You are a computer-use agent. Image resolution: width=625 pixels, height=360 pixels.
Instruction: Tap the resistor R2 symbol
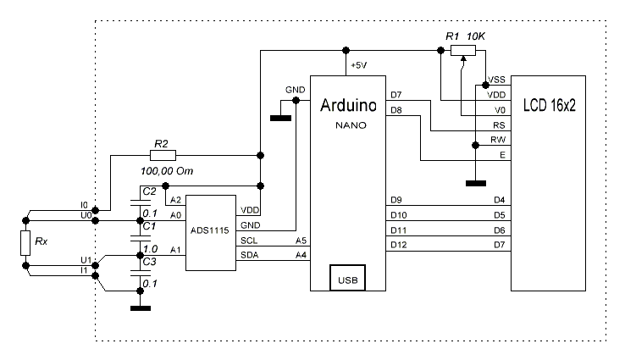coord(163,155)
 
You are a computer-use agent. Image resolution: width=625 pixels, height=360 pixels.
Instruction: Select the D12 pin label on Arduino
coord(398,245)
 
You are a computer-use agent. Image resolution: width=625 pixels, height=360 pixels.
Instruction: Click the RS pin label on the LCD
coord(499,125)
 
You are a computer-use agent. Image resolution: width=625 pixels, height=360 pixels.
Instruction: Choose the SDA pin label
coord(252,256)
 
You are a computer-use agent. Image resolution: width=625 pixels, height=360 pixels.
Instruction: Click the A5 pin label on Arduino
coord(301,241)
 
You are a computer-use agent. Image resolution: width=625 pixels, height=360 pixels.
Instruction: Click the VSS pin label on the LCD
coord(497,79)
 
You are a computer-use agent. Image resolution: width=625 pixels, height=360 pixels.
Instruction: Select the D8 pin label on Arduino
coord(395,110)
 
